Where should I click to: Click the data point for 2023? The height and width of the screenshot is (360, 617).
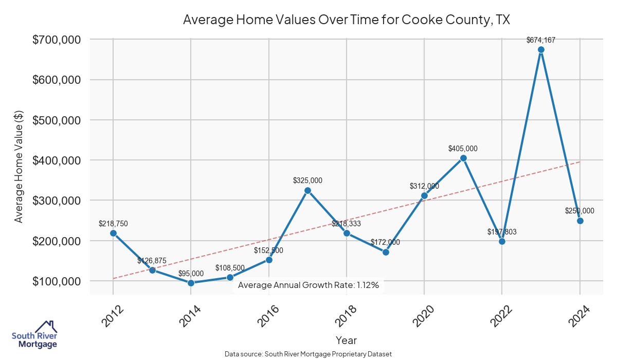coord(541,50)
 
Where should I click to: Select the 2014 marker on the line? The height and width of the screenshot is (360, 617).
coord(191,283)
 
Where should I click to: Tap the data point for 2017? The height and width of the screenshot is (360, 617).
coord(307,190)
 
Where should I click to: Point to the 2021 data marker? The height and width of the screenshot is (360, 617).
coord(463,158)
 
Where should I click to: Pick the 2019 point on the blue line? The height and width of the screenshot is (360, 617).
coord(386,252)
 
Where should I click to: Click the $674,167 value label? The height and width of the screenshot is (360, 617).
coord(541,40)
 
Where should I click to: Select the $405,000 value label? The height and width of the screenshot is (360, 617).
coord(463,149)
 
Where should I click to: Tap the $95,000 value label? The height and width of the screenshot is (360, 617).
coord(191,274)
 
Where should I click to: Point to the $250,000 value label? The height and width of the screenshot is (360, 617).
coord(579,211)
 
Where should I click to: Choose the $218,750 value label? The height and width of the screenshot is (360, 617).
coord(113,224)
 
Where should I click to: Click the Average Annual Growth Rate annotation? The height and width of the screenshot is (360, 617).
coord(308,285)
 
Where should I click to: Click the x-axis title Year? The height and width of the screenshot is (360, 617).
coord(346,340)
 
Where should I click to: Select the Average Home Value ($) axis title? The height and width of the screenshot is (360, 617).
coord(19,166)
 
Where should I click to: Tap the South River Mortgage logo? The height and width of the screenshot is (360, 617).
coord(34,335)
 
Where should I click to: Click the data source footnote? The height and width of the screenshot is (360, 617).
coord(308,354)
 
